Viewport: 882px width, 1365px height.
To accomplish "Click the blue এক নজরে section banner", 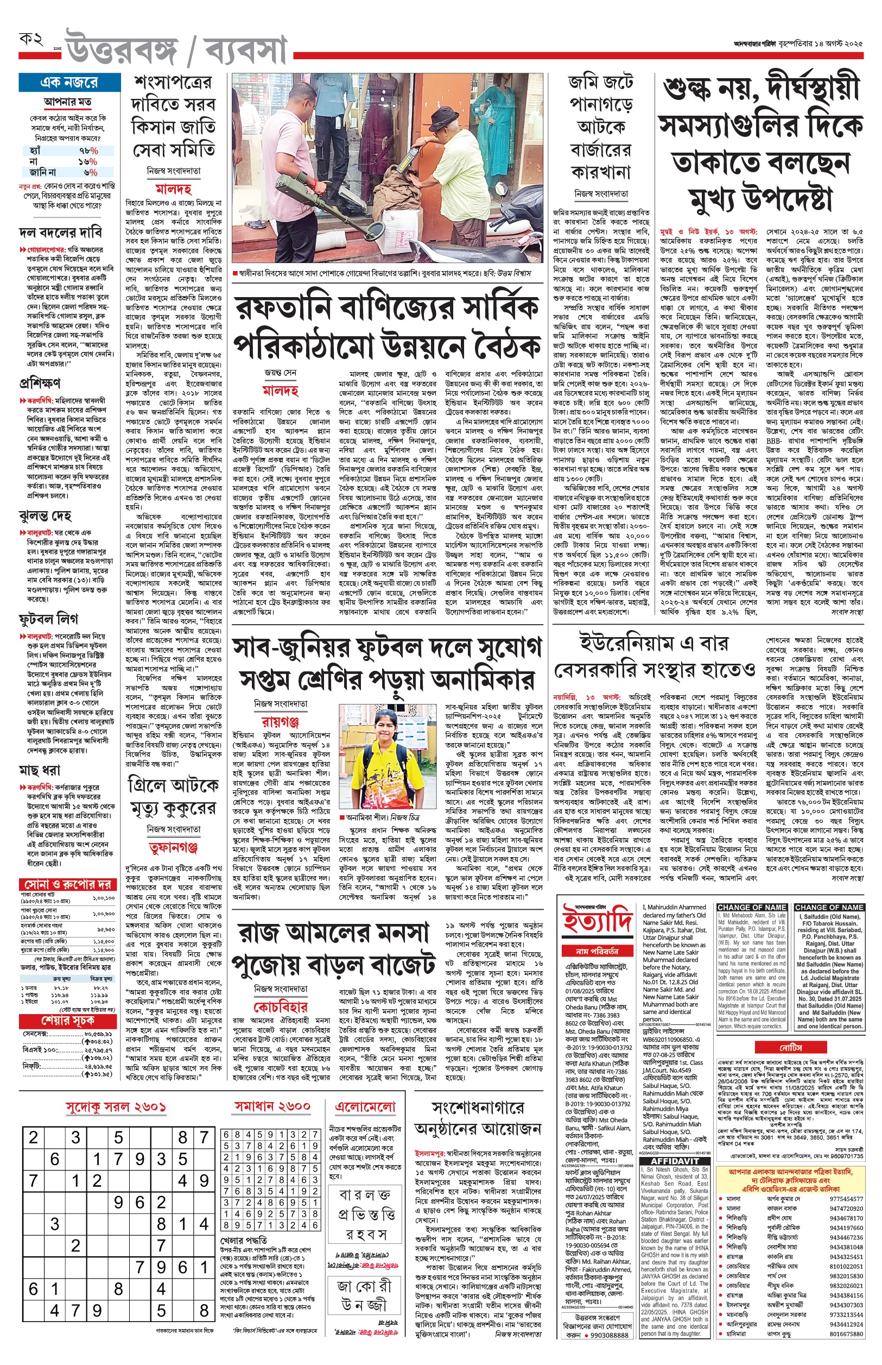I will [69, 83].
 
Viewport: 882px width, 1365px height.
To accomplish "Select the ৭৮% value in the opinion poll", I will [89, 150].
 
